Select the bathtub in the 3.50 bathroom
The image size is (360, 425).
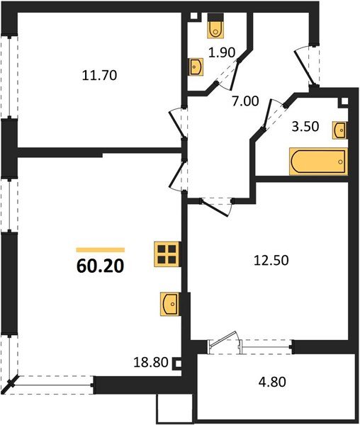(x=317, y=161)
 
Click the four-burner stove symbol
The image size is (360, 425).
(x=167, y=254)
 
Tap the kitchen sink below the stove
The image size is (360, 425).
(x=169, y=303)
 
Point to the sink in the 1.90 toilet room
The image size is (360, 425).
(x=196, y=66)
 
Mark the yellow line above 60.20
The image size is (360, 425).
(x=100, y=250)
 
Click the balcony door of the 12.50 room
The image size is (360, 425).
(x=225, y=344)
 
